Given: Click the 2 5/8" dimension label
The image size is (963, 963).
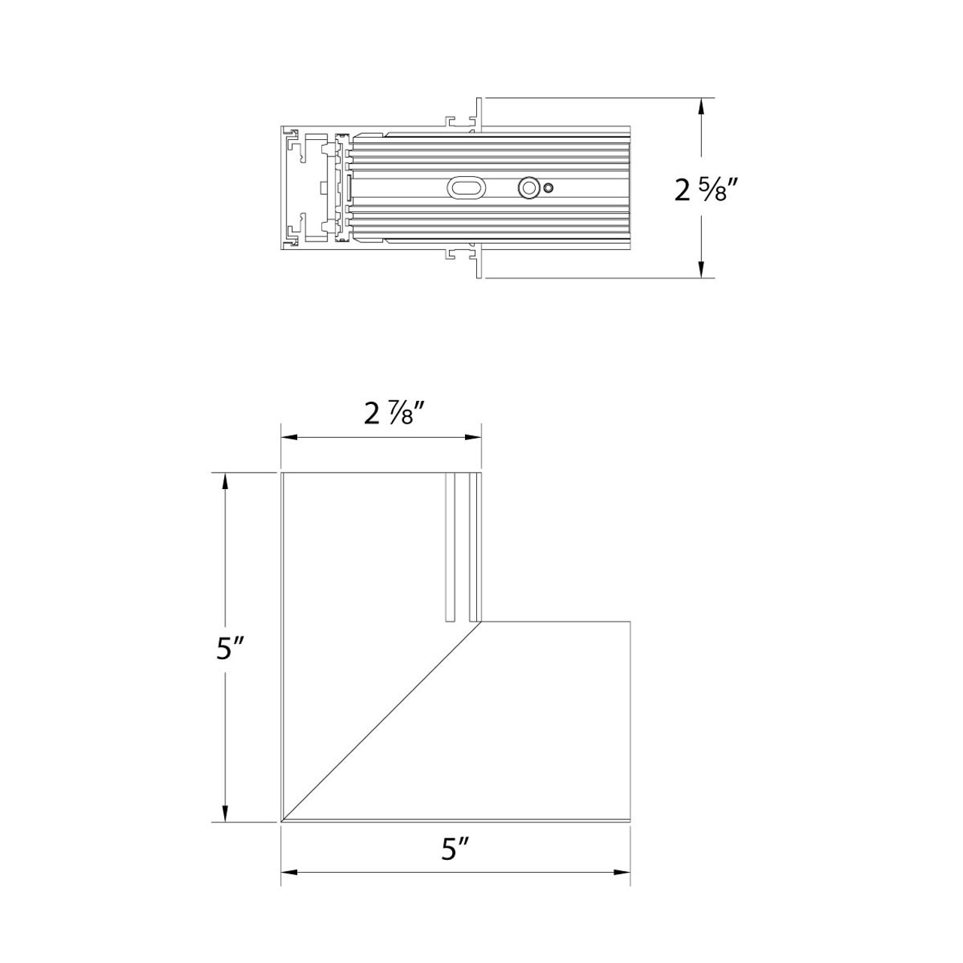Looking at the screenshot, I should coord(704,189).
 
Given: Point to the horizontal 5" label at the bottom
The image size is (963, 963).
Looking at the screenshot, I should coord(456,850).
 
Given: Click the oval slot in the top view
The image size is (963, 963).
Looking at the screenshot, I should coord(466,188).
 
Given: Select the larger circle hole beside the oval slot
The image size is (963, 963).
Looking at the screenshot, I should coord(529,188).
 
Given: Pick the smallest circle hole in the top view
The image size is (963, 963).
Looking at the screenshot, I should coord(549,188).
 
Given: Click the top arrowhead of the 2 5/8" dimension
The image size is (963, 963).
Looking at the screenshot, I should coord(702,106).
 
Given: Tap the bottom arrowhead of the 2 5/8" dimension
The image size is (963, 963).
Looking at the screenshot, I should coord(702,270).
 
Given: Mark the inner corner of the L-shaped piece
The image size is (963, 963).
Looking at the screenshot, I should coord(481,621).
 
